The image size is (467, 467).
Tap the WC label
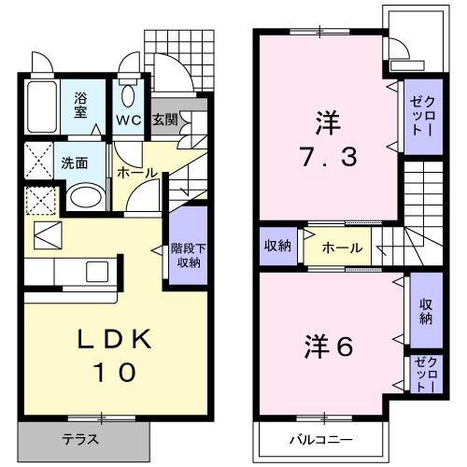click(129, 120)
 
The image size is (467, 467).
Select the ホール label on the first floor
click(135, 173)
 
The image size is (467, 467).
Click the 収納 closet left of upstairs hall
click(277, 247)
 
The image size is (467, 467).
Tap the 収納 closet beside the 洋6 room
click(426, 311)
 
